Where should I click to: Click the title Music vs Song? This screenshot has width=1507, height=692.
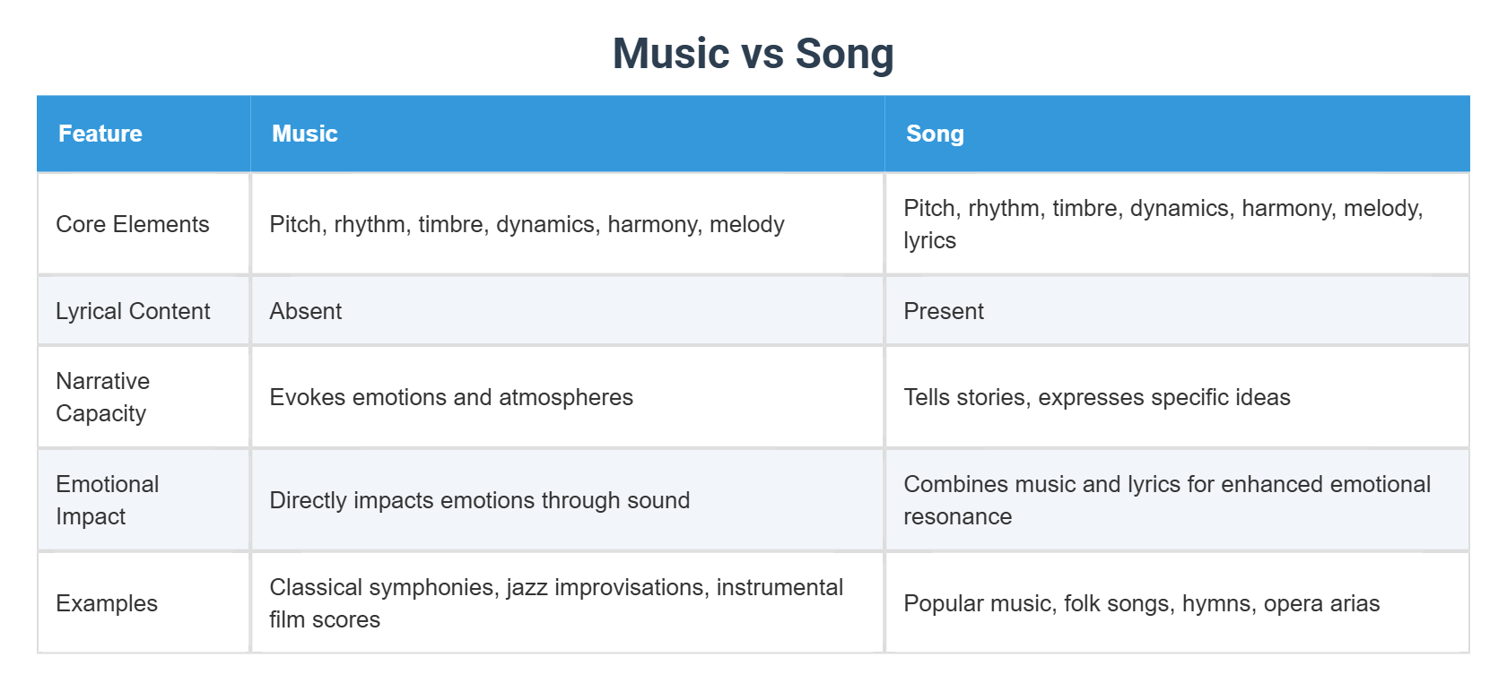[x=753, y=54]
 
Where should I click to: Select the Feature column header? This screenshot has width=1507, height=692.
[x=100, y=134]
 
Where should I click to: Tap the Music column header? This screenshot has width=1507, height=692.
[x=305, y=134]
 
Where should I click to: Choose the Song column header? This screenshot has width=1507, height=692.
[x=935, y=134]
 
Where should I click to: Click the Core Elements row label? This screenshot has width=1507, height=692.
[x=133, y=224]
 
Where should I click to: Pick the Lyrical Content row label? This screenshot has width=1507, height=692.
[x=133, y=311]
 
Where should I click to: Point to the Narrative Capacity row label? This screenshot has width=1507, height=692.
[x=102, y=397]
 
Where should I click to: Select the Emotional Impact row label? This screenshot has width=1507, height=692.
[x=107, y=500]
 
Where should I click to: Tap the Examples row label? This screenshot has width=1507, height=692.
[x=107, y=603]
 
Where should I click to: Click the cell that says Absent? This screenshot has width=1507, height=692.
[x=306, y=311]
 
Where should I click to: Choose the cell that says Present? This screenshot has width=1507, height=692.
[x=944, y=311]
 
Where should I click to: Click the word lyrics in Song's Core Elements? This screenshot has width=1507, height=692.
[x=929, y=241]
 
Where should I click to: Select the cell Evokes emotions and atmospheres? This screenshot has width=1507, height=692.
[x=451, y=397]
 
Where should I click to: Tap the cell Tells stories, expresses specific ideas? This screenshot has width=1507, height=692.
[x=1096, y=397]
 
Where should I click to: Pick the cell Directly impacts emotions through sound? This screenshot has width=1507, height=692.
[x=479, y=500]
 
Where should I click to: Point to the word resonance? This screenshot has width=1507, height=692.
[x=957, y=517]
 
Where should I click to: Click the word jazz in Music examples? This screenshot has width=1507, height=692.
[x=527, y=587]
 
